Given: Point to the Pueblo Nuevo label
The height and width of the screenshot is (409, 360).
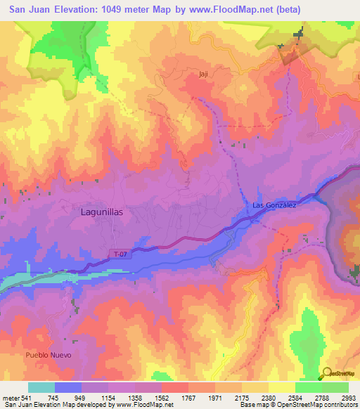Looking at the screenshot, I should (x=49, y=356).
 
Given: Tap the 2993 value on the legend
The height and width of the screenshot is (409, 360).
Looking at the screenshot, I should (x=348, y=397).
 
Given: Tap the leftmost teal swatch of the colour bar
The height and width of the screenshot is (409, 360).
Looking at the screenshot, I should (x=41, y=387).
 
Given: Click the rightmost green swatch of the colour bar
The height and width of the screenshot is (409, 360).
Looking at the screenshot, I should (x=335, y=387).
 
